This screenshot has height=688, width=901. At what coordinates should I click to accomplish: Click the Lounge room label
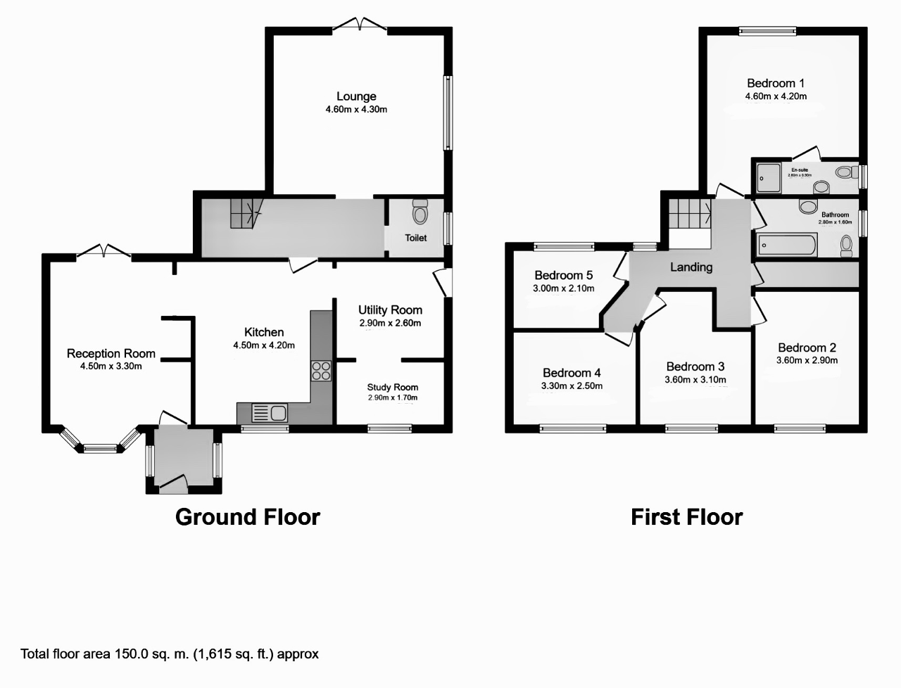tap(356, 96)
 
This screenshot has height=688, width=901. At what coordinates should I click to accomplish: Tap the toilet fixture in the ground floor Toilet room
tap(420, 211)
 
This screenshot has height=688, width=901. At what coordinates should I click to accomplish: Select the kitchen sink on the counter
tap(270, 412)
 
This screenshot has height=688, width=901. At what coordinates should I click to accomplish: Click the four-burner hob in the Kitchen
tap(321, 370)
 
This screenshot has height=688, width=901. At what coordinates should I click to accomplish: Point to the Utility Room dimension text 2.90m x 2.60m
tap(390, 324)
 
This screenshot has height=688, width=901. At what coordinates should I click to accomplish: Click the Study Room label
tap(392, 387)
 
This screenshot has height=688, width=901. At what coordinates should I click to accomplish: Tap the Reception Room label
tap(111, 353)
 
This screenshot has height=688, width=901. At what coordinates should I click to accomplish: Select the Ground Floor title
tap(247, 517)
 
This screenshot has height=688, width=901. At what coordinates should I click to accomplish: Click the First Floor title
tap(686, 517)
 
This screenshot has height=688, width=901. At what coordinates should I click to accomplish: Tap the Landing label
tap(691, 267)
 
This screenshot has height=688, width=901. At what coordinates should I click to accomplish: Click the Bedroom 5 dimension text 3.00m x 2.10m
tap(563, 288)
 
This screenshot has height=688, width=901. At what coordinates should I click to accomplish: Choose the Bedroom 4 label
tap(572, 373)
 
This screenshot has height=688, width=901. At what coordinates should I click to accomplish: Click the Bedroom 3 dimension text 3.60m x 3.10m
tap(695, 380)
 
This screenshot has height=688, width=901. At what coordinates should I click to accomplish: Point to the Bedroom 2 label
tap(807, 348)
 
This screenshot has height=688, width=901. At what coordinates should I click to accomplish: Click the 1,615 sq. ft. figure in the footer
tap(234, 654)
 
